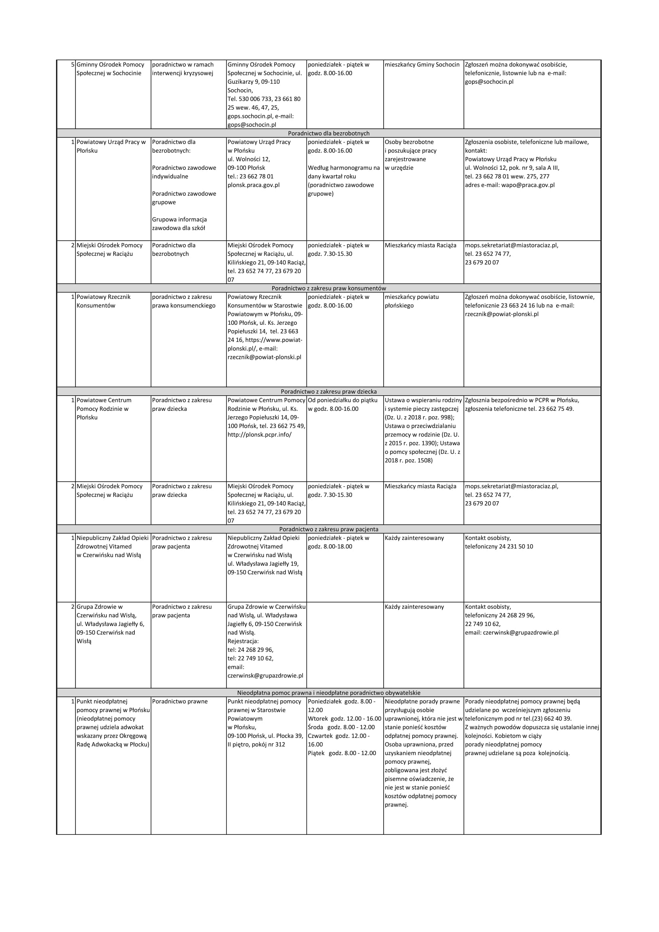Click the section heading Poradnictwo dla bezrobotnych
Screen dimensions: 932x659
(329, 133)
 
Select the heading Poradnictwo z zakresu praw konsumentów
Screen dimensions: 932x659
(329, 288)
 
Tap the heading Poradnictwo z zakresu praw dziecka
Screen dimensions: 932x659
(329, 392)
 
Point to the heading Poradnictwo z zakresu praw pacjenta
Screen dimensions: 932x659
(329, 529)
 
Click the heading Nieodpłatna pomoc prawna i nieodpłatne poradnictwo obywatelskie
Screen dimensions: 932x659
(329, 693)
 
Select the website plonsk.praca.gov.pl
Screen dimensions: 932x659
(254, 185)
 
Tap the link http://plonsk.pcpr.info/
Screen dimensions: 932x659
(260, 435)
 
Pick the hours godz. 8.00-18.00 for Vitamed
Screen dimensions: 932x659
(330, 547)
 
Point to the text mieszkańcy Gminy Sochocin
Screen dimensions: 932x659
(422, 65)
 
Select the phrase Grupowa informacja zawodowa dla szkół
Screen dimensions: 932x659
(179, 224)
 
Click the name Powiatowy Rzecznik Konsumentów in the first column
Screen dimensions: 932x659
(104, 301)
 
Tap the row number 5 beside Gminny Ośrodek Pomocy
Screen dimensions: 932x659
(73, 65)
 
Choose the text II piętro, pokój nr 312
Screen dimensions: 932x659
(256, 744)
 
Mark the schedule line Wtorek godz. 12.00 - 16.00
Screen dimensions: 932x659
(344, 718)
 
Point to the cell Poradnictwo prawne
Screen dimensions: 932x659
(179, 701)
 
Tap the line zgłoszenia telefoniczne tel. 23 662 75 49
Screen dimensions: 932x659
(519, 409)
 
